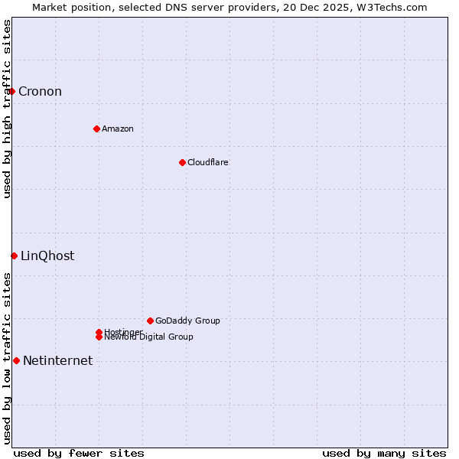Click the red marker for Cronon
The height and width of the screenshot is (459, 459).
(x=11, y=92)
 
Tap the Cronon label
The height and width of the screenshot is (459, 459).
(x=40, y=92)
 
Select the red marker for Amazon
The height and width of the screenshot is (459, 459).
(x=96, y=129)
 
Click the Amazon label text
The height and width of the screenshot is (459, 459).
(x=118, y=129)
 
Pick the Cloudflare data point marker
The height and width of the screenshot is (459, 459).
(x=182, y=162)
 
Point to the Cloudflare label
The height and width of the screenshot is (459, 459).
(x=208, y=162)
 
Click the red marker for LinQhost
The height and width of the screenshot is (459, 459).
(x=14, y=256)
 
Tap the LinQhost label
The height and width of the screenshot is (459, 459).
(x=47, y=256)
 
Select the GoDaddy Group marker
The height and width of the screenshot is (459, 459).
(x=150, y=321)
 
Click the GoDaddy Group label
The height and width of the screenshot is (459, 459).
(x=187, y=321)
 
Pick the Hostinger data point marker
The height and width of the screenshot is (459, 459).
(x=99, y=332)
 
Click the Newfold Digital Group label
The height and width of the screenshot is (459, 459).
(x=148, y=337)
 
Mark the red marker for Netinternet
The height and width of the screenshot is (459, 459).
(x=16, y=360)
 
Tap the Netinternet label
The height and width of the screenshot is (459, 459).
(x=57, y=361)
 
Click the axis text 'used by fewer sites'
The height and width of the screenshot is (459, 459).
(x=79, y=453)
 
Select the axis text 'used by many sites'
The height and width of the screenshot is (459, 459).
(x=384, y=453)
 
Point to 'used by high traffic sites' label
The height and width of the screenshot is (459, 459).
(x=8, y=109)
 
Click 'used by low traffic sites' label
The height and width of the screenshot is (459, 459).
(x=8, y=358)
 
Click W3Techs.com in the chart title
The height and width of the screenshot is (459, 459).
(x=389, y=8)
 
